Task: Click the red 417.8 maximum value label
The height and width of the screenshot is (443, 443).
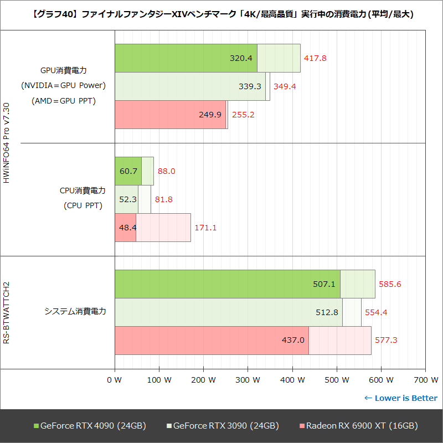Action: tap(315, 58)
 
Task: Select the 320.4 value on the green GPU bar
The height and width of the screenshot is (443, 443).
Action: tap(241, 58)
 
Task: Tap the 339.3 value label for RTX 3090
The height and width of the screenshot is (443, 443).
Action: tap(250, 86)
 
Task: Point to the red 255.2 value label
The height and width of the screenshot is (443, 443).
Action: tap(244, 115)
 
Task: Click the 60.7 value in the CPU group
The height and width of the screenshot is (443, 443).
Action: tap(128, 171)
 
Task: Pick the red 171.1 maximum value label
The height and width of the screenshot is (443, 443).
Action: tap(205, 228)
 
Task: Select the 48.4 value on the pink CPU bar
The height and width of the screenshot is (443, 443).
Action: tap(125, 228)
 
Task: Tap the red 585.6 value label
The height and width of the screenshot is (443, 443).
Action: tap(390, 284)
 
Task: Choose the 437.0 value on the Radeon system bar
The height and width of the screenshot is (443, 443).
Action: tap(293, 340)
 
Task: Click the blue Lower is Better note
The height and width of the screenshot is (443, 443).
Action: tap(400, 398)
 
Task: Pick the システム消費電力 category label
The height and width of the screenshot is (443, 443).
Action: tap(75, 312)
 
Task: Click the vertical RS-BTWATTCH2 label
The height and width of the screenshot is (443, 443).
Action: tap(7, 312)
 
